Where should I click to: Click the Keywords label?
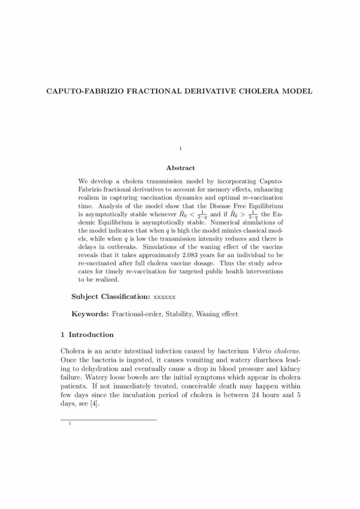(90, 314)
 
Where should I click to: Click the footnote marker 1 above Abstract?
(180, 149)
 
